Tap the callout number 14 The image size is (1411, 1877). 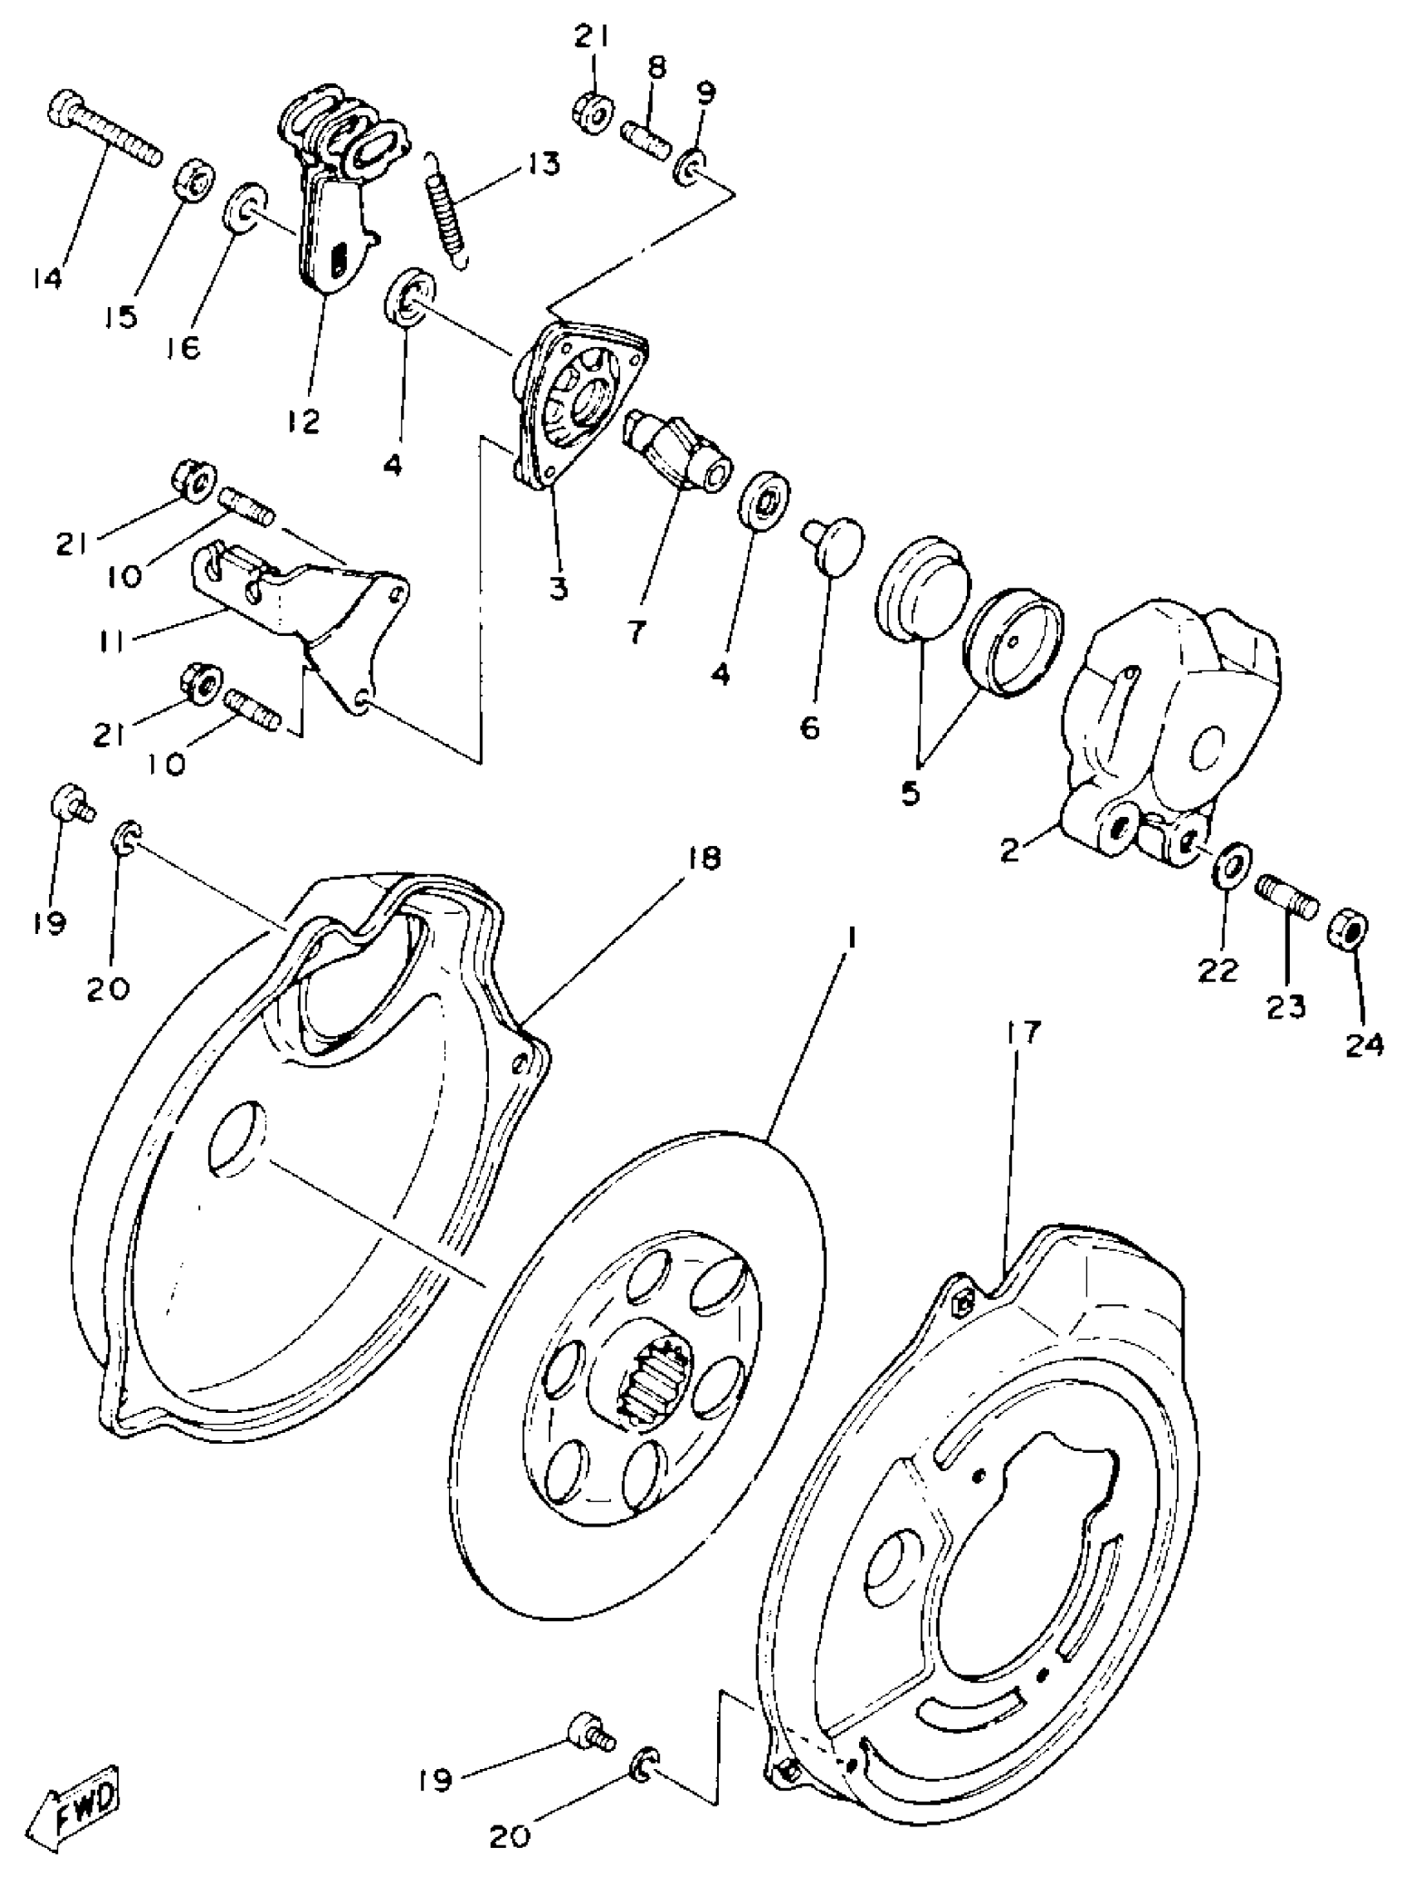coord(47,277)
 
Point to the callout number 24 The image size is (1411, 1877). coord(1364,1044)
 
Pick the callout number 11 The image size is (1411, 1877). coord(110,641)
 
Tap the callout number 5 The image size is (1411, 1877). coord(910,793)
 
